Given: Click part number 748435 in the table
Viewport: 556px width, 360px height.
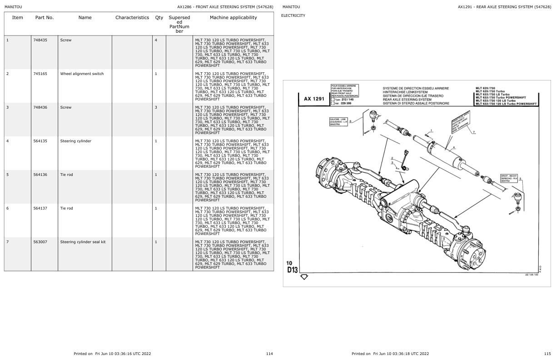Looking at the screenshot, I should click(x=39, y=40).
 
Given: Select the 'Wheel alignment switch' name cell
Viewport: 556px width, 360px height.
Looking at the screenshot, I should click(x=82, y=74).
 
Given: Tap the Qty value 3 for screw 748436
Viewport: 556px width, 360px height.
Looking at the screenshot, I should click(x=156, y=107).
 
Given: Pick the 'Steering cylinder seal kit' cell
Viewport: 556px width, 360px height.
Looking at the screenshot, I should click(x=83, y=242).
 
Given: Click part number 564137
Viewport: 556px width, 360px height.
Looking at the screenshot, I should click(x=40, y=208).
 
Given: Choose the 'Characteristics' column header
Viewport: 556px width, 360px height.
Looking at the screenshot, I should click(x=132, y=18).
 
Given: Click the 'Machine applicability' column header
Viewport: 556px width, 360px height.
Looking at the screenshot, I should click(x=233, y=18).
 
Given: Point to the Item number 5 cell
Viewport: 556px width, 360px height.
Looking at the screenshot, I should click(x=7, y=175).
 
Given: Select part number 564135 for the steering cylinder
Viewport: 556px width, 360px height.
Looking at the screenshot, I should click(x=40, y=141).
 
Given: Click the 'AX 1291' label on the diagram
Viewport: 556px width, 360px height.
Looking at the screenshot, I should click(x=315, y=98).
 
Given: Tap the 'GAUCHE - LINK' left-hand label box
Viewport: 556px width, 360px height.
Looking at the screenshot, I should click(x=338, y=121).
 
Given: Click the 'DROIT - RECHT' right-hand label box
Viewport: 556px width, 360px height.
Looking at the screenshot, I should click(x=508, y=178).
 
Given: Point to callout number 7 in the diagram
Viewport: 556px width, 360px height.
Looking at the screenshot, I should click(x=474, y=132).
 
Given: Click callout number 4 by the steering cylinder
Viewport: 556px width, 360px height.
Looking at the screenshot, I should click(x=453, y=147).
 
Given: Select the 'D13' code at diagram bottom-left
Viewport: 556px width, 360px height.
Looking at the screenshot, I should click(x=292, y=270).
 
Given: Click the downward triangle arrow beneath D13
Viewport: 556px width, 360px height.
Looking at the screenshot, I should click(x=304, y=276).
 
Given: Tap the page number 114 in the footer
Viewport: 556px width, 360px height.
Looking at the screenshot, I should click(x=269, y=353).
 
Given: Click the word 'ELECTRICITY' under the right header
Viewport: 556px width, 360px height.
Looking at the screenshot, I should click(x=293, y=15).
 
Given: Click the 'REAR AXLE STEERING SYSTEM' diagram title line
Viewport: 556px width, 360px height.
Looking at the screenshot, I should click(x=407, y=100).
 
